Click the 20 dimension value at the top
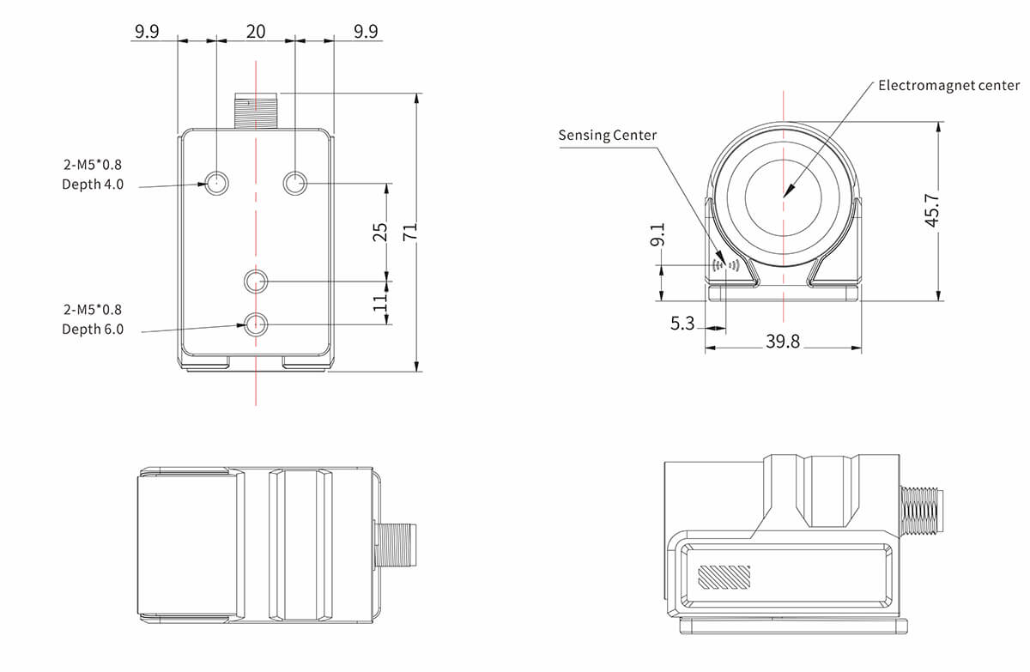pos(256,32)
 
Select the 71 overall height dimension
pos(409,231)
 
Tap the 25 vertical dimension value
pos(382,232)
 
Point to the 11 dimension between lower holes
pos(382,302)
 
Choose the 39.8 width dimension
pos(782,342)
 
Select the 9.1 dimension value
pos(658,237)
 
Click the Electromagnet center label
pos(948,85)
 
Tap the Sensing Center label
pos(607,135)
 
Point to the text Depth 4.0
pos(93,184)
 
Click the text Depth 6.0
pos(93,329)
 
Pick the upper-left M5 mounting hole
pos(216,182)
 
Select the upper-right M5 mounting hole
pos(295,182)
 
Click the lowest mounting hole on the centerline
pos(256,324)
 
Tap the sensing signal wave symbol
pos(726,265)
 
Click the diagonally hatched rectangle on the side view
pos(724,577)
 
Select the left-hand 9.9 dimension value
pos(146,32)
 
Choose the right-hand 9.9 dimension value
pos(366,32)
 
